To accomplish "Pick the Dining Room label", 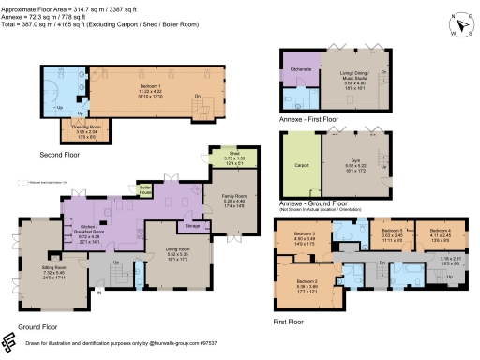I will click(x=165, y=249).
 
